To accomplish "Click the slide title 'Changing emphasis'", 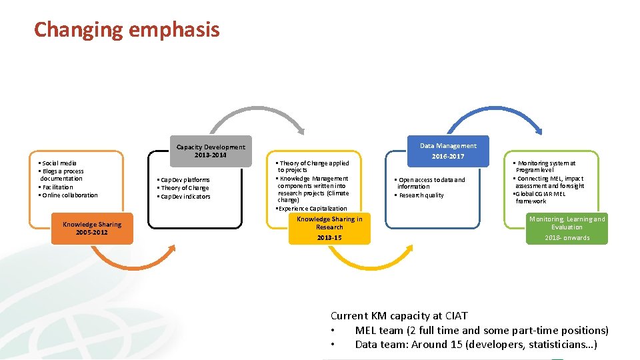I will click(127, 30).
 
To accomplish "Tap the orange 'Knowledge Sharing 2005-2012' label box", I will click(92, 228).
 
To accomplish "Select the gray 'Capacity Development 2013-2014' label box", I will click(211, 151).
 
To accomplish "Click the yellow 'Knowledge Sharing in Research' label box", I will click(329, 228).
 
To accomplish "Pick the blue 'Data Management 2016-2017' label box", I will click(448, 151).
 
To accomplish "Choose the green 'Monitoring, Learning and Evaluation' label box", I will click(567, 228).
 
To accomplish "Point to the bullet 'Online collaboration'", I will click(69, 195).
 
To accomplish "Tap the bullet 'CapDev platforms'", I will click(183, 180).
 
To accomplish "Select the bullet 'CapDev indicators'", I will click(184, 197).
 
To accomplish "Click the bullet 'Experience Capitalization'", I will click(312, 209).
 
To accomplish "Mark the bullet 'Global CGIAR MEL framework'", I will click(540, 197).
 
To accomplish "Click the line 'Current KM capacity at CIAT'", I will click(399, 316).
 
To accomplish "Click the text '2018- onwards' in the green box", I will click(567, 238).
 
